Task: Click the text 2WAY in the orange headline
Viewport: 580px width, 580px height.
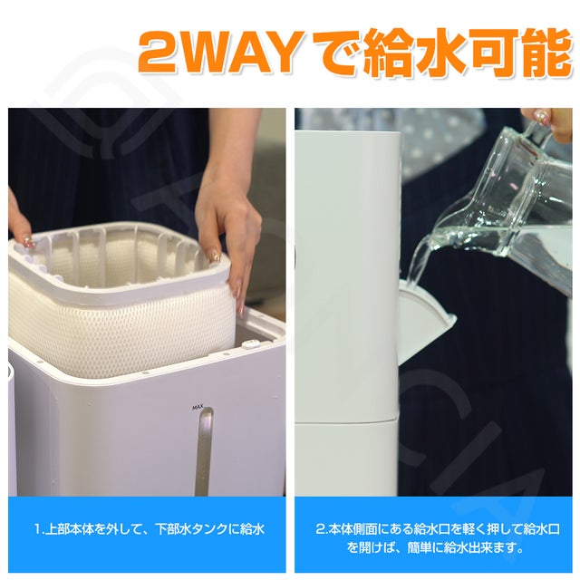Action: (221, 53)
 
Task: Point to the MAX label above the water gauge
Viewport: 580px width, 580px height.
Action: (198, 408)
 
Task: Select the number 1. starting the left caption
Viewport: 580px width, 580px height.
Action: (39, 529)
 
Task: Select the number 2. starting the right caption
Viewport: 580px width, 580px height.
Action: (321, 529)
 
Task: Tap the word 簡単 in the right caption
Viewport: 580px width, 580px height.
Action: (419, 547)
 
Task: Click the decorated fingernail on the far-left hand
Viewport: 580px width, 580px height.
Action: (28, 243)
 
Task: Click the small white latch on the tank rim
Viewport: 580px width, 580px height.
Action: (250, 344)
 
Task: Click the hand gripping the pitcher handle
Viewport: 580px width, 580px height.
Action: (550, 122)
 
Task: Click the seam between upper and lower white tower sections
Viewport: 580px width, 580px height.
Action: (347, 420)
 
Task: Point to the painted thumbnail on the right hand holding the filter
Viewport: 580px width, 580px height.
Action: (214, 256)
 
